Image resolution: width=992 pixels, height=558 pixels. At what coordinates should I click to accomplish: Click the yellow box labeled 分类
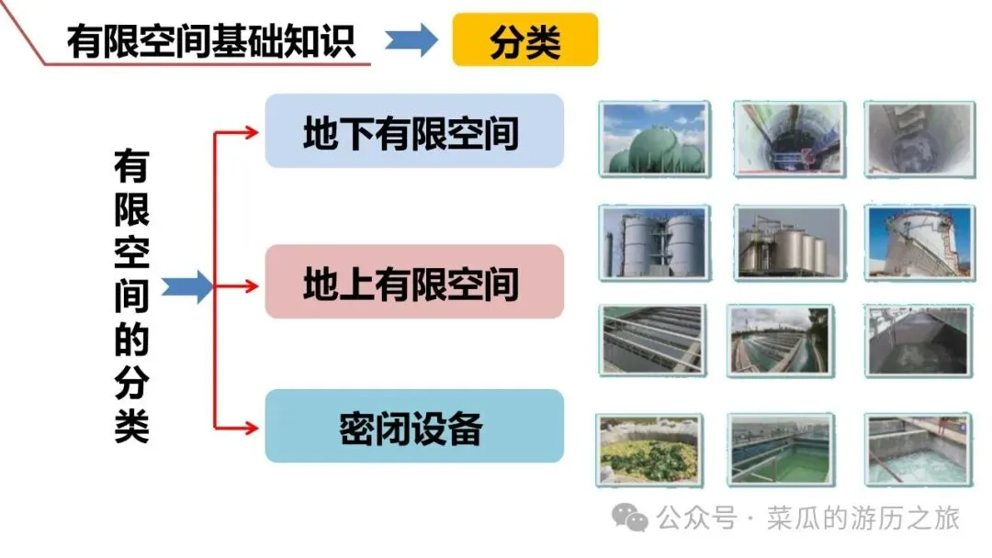click(524, 41)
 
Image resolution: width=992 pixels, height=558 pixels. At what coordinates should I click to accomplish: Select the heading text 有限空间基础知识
click(210, 41)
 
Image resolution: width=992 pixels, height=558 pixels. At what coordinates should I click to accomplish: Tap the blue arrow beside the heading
click(411, 41)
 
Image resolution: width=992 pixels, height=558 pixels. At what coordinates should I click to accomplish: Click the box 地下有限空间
click(413, 131)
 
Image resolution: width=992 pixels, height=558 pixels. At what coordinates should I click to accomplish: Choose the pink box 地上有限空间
click(413, 283)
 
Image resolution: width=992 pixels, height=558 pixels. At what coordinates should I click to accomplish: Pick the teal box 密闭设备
click(413, 427)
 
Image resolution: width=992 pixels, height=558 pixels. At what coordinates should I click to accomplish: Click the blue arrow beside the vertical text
click(186, 286)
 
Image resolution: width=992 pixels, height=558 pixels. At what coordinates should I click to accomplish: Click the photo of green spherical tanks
click(655, 138)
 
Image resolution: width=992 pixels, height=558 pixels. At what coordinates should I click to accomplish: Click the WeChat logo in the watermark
click(631, 519)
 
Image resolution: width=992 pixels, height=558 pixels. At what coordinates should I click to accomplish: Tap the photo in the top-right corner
click(919, 138)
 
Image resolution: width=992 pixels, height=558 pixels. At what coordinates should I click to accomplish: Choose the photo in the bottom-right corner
click(919, 450)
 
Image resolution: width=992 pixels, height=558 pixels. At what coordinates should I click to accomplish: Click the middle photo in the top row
click(788, 138)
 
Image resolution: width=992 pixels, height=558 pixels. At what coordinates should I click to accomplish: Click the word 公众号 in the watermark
click(697, 519)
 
